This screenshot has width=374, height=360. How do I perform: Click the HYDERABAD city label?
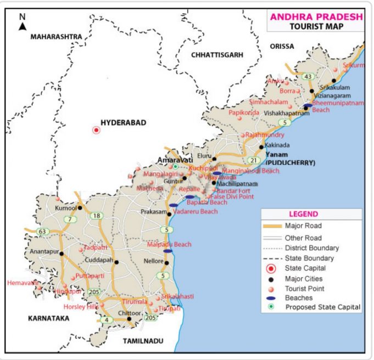pyautogui.click(x=123, y=123)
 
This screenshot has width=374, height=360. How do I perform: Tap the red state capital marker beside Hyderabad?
pyautogui.click(x=96, y=130)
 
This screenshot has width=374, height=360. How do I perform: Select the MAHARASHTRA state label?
pyautogui.click(x=56, y=37)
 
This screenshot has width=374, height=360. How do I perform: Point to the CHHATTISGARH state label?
pyautogui.click(x=217, y=55)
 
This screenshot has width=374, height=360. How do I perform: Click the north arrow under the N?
pyautogui.click(x=23, y=26)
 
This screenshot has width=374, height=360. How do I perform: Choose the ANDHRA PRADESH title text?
pyautogui.click(x=316, y=16)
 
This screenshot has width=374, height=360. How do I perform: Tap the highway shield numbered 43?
pyautogui.click(x=308, y=76)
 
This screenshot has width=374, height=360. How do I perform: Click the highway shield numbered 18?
pyautogui.click(x=97, y=216)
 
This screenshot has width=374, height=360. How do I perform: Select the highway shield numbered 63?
pyautogui.click(x=27, y=232)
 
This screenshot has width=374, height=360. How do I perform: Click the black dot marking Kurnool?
pyautogui.click(x=80, y=208)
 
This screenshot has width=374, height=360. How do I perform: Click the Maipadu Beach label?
pyautogui.click(x=169, y=244)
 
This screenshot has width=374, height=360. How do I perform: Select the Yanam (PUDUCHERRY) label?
pyautogui.click(x=290, y=159)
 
